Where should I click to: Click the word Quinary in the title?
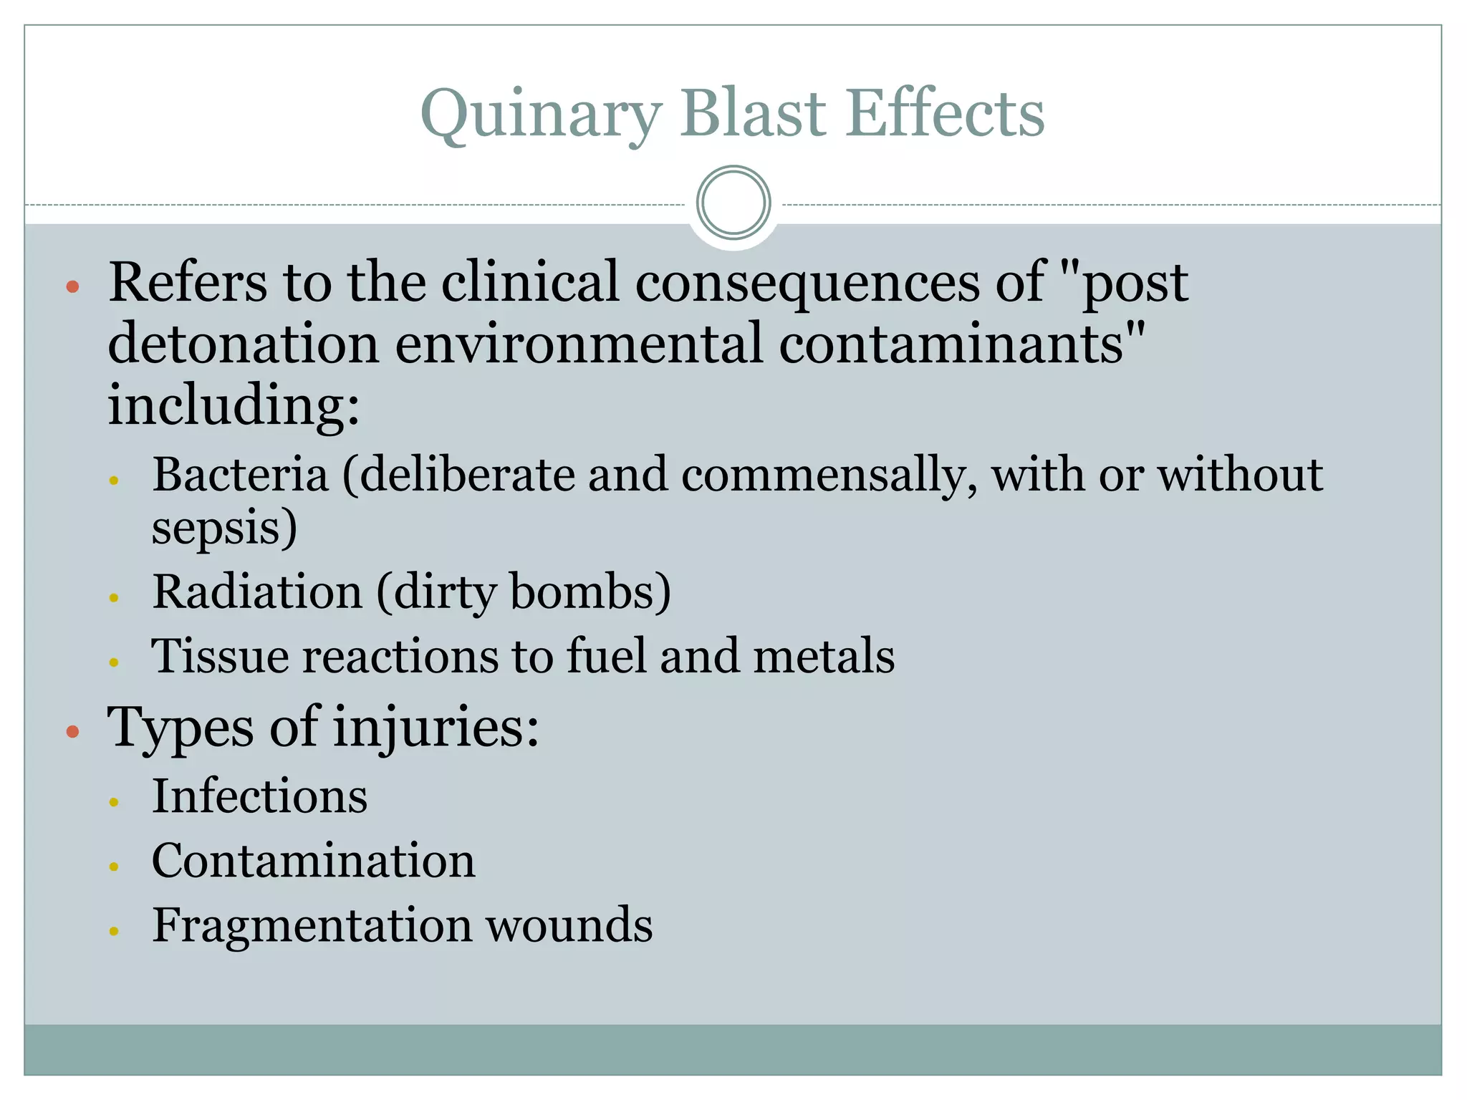coord(540,115)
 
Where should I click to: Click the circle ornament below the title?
coord(733,203)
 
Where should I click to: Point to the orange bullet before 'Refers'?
coord(72,287)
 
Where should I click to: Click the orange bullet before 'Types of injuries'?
coord(72,731)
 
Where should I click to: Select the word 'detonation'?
coord(243,343)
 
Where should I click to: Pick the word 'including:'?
coord(234,405)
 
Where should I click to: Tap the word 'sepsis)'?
coord(224,529)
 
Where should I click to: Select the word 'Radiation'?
coord(257,592)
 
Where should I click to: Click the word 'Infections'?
coord(259,796)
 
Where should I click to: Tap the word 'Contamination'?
coord(313,860)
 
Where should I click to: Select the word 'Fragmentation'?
coord(312,925)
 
